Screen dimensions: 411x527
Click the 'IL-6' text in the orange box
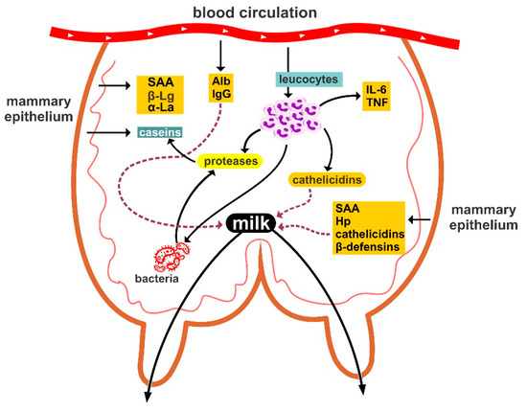(x=375, y=89)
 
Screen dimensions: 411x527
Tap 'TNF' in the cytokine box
(x=375, y=103)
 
